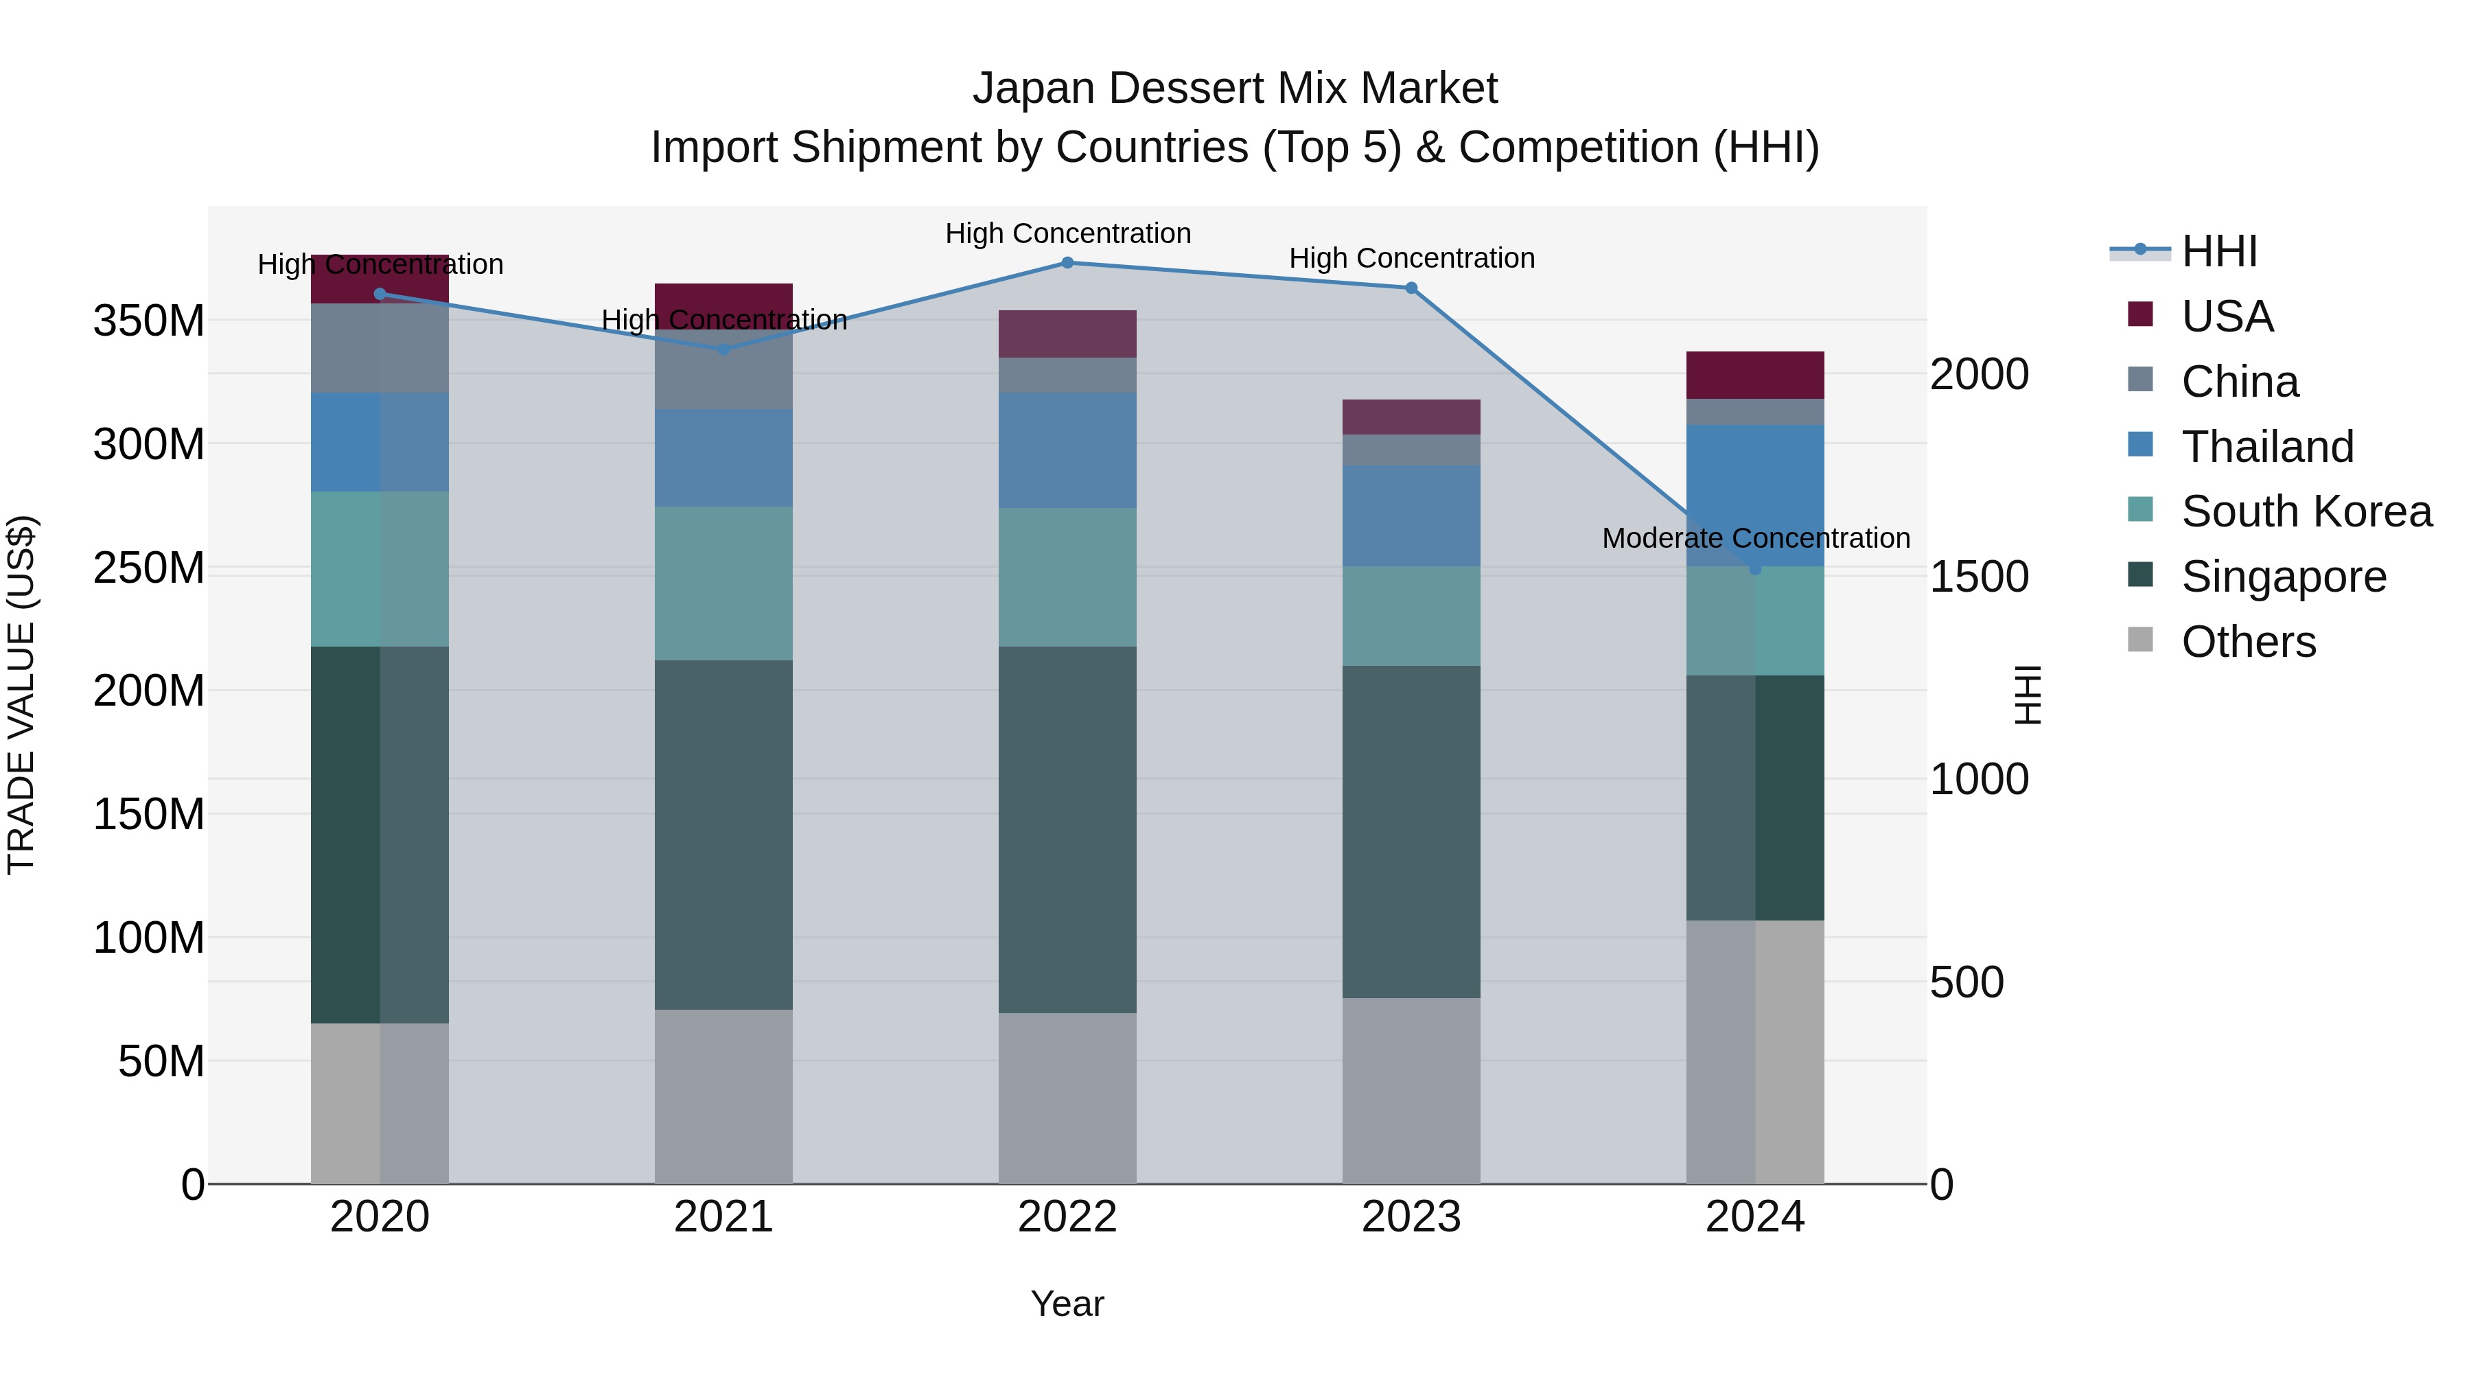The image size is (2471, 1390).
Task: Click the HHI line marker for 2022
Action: pyautogui.click(x=1067, y=263)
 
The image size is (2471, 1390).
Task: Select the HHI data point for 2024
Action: pyautogui.click(x=1754, y=569)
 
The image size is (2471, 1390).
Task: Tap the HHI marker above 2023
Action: pyautogui.click(x=1411, y=288)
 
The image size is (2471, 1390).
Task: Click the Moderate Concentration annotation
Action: pyautogui.click(x=1755, y=538)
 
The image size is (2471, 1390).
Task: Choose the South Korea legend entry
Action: pyautogui.click(x=2306, y=511)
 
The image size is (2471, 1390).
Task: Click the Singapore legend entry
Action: pyautogui.click(x=2283, y=577)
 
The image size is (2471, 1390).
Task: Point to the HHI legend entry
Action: pyautogui.click(x=2218, y=251)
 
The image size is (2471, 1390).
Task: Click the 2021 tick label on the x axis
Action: pyautogui.click(x=723, y=1217)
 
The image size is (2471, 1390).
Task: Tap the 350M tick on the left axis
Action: pyautogui.click(x=149, y=321)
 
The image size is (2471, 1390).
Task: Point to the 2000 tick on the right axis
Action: pyautogui.click(x=1979, y=374)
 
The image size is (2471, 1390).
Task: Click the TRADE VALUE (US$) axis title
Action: pyautogui.click(x=22, y=695)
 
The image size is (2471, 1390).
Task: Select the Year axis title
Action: pyautogui.click(x=1067, y=1304)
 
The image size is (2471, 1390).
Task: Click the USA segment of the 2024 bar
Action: pyautogui.click(x=1754, y=375)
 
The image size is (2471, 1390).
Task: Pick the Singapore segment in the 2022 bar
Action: pyautogui.click(x=1067, y=830)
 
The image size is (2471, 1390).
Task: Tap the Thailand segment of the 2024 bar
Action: pyautogui.click(x=1754, y=480)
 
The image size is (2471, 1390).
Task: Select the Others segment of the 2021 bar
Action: pyautogui.click(x=723, y=1096)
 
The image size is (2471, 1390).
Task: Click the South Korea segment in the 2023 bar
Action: pyautogui.click(x=1411, y=616)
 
